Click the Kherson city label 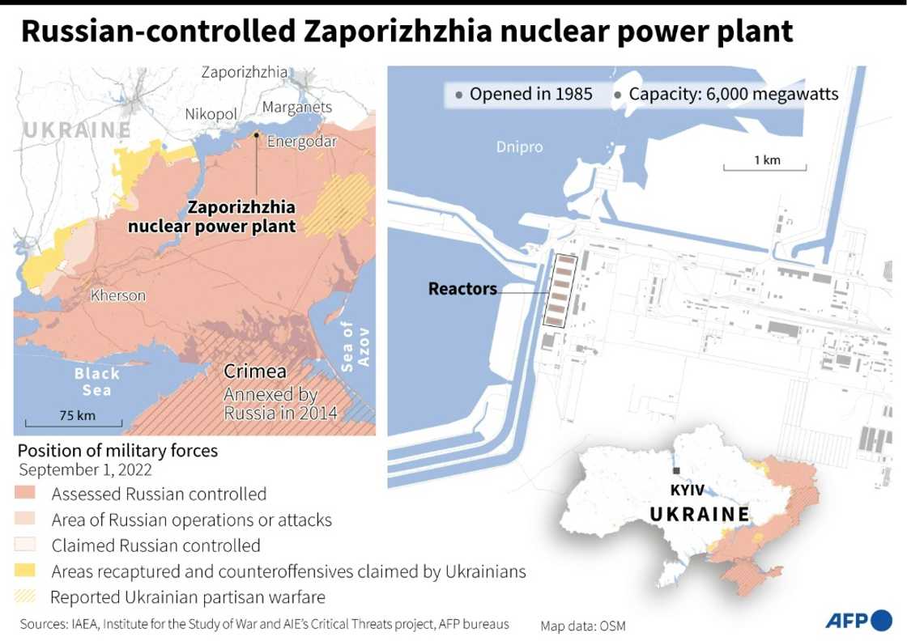pyautogui.click(x=118, y=295)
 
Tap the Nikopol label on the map pyautogui.click(x=212, y=114)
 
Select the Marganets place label pyautogui.click(x=297, y=107)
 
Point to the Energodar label pyautogui.click(x=301, y=140)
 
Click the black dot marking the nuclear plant pyautogui.click(x=256, y=134)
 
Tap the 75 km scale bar pyautogui.click(x=75, y=422)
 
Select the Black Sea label pyautogui.click(x=96, y=381)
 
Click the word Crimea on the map pyautogui.click(x=255, y=371)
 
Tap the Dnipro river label pyautogui.click(x=519, y=147)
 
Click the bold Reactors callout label pyautogui.click(x=462, y=289)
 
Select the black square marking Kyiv pyautogui.click(x=676, y=471)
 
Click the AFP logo pyautogui.click(x=857, y=621)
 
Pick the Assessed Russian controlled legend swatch pyautogui.click(x=24, y=494)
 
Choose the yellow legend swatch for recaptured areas pyautogui.click(x=24, y=571)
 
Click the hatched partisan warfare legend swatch pyautogui.click(x=24, y=597)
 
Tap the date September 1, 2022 pyautogui.click(x=85, y=470)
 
